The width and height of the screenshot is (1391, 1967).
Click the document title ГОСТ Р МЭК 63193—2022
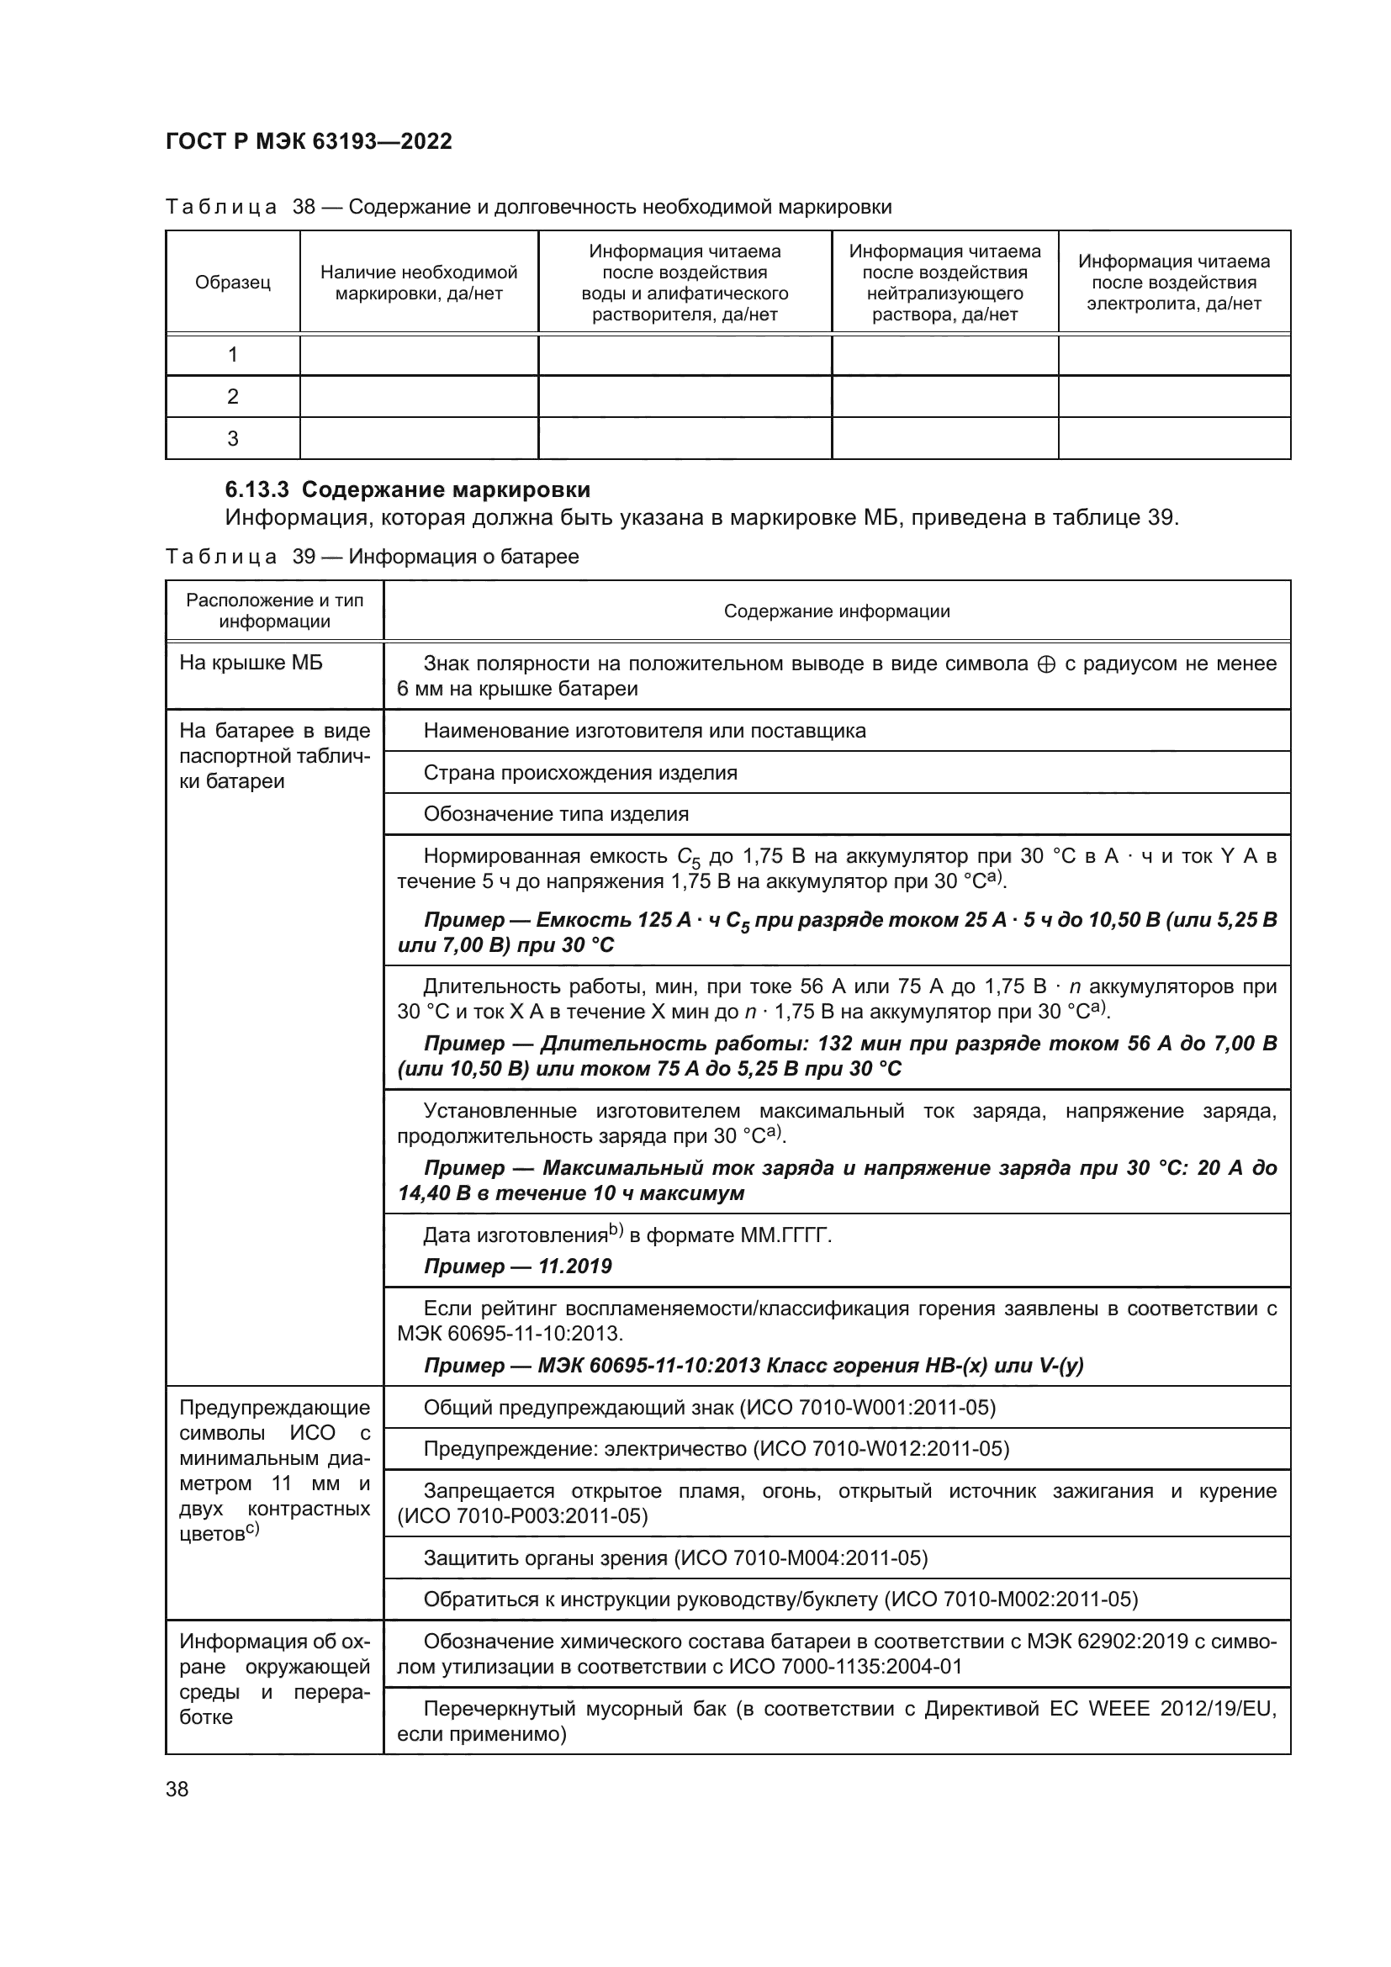tap(309, 141)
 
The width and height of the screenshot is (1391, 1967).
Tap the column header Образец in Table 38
tap(232, 282)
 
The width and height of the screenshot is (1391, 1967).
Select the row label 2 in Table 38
tap(232, 397)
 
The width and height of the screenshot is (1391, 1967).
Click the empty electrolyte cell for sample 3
tap(1173, 439)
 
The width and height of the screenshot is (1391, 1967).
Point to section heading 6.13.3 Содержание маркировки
tap(408, 490)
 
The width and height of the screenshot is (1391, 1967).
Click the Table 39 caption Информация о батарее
tap(463, 557)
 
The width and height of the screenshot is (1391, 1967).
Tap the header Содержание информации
tap(836, 611)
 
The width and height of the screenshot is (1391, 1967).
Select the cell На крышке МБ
tap(251, 663)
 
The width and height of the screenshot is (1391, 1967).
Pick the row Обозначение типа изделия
tap(556, 814)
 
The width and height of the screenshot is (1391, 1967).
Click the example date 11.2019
tap(574, 1266)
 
